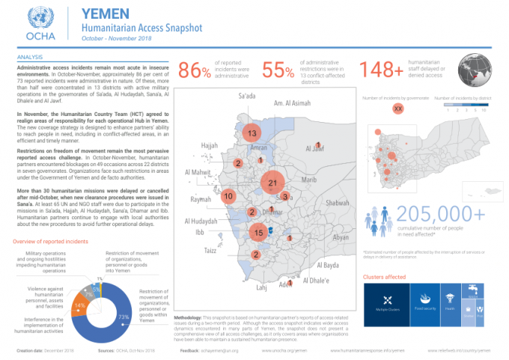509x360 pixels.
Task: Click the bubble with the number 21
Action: coord(272,183)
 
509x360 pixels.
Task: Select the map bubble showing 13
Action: coord(252,133)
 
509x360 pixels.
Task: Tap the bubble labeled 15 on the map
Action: coord(258,233)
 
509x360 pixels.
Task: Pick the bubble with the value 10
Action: coord(228,196)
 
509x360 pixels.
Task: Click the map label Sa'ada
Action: coord(249,97)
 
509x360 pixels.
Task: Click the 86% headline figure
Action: coord(195,70)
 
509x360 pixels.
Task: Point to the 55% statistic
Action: coord(278,70)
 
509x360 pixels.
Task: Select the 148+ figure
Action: coord(382,70)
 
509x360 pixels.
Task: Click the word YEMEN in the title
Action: coord(103,13)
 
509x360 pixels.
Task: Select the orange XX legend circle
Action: coord(398,109)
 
